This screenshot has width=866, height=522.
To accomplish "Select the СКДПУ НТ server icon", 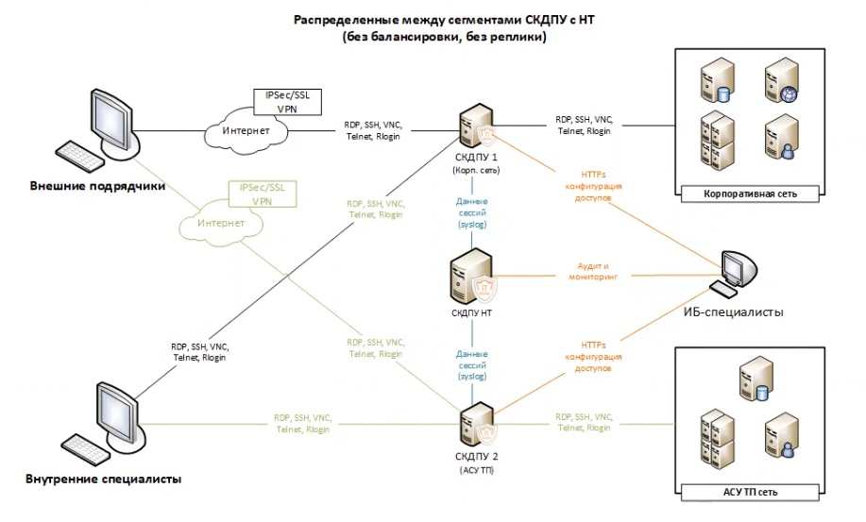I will pos(471,276).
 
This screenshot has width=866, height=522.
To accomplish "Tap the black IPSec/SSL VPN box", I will pos(287,101).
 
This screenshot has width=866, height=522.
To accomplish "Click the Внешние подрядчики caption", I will pos(96,186).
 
